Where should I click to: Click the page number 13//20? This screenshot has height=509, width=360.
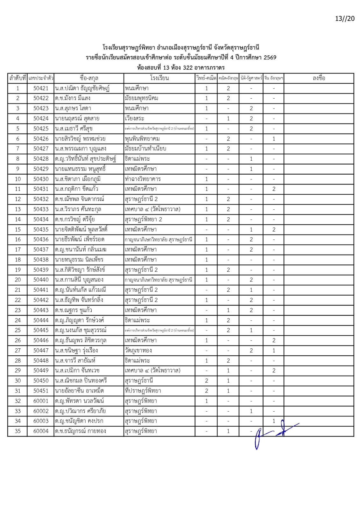345,18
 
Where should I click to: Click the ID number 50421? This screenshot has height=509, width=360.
41,88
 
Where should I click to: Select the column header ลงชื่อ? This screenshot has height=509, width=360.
319,78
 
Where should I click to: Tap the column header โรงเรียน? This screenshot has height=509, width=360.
159,78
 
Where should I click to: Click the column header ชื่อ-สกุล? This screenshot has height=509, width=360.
89,78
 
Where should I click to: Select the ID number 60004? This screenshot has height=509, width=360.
41,431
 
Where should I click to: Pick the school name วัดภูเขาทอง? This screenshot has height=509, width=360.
138,350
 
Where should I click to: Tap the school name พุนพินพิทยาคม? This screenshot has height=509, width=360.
142,139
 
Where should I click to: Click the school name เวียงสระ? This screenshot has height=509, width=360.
134,118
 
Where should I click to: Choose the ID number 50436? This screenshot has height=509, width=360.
41,239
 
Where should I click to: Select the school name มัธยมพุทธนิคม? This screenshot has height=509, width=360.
141,98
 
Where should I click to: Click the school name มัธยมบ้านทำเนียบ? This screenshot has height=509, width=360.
145,149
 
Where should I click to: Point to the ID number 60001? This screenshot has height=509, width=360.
41,401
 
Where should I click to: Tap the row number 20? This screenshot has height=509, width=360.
18,280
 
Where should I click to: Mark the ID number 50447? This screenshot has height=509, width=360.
41,350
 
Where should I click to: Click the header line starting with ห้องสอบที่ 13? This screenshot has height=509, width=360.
181,67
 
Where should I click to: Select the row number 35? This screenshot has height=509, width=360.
18,431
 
